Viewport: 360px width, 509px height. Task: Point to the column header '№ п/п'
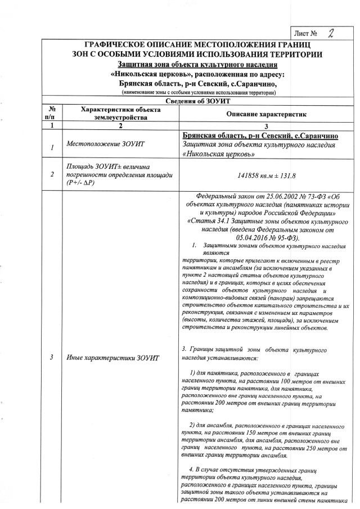(51, 113)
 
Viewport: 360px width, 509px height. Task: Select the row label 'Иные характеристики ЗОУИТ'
(112, 358)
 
